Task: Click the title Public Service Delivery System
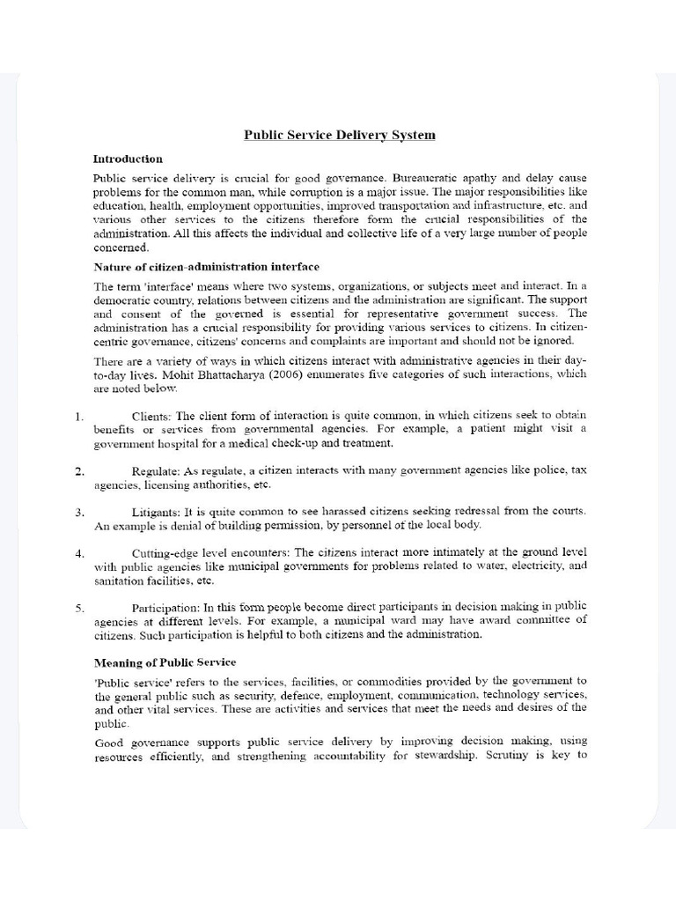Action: (339, 136)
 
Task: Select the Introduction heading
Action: (128, 159)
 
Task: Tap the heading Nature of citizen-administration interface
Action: (206, 266)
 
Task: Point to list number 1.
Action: (80, 415)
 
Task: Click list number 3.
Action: (80, 511)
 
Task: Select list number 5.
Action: (80, 607)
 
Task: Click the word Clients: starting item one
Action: (151, 415)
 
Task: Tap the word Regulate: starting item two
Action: (157, 471)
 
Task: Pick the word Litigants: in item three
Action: (157, 511)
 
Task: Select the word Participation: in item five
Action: (166, 607)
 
